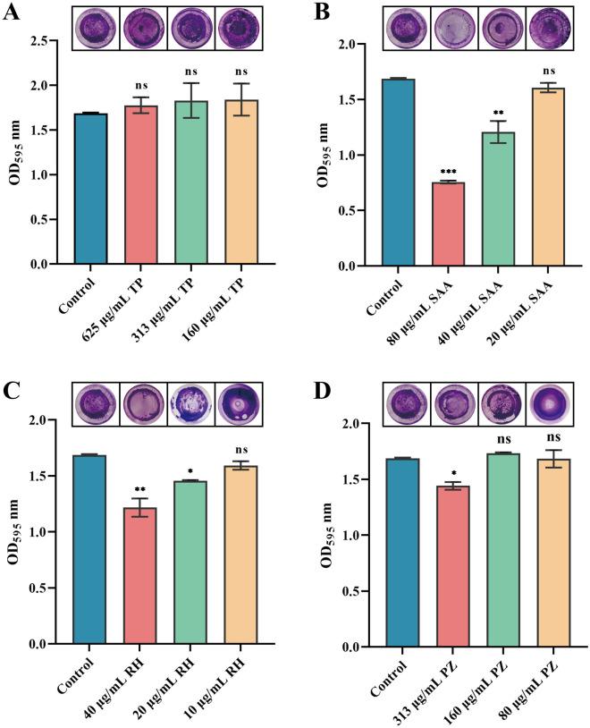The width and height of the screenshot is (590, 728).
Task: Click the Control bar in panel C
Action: point(94,549)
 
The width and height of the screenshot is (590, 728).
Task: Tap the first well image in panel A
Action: point(94,26)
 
